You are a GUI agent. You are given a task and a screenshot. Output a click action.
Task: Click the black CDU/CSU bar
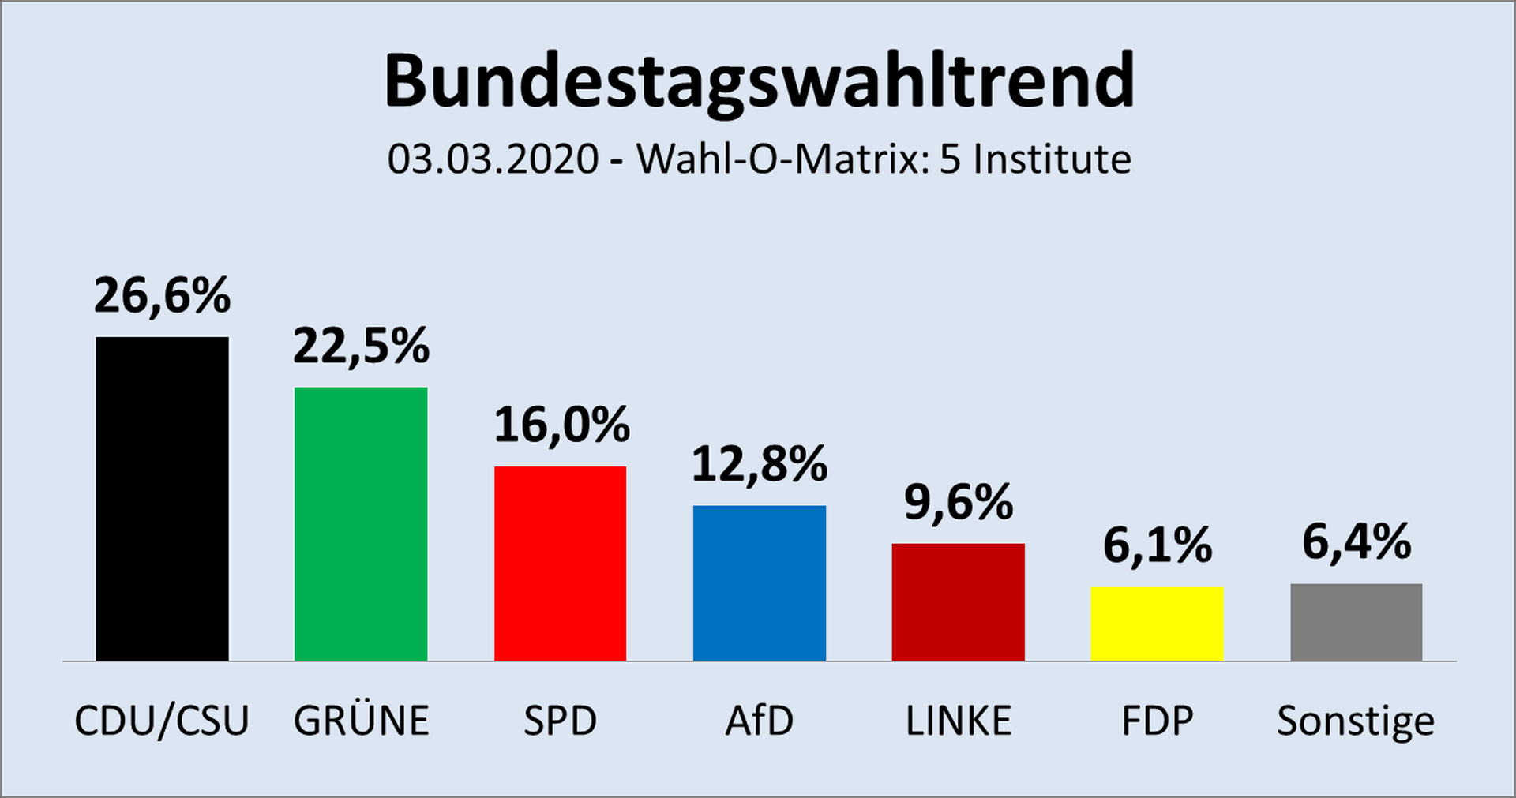tap(162, 499)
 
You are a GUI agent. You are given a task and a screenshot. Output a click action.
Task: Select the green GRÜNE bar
tap(361, 523)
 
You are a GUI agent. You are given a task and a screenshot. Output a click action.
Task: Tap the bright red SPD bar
tap(560, 563)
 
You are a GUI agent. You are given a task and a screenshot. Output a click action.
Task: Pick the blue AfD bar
tap(759, 583)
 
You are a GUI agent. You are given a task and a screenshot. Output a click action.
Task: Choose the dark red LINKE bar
tap(958, 601)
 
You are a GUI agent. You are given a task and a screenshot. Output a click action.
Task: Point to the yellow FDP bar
tap(1157, 624)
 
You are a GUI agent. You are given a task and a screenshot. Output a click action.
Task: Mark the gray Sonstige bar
tap(1356, 622)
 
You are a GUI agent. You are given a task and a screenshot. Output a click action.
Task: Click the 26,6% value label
tap(162, 296)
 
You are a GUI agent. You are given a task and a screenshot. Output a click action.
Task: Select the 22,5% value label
tap(361, 347)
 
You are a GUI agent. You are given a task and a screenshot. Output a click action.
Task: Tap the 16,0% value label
tap(561, 425)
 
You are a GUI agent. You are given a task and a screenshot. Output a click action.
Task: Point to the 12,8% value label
tap(759, 464)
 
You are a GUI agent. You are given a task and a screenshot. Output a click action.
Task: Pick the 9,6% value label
tap(958, 503)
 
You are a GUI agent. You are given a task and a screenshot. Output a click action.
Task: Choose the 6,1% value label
tap(1157, 545)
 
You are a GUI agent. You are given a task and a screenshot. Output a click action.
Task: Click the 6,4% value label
tap(1356, 542)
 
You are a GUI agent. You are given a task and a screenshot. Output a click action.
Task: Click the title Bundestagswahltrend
tap(759, 81)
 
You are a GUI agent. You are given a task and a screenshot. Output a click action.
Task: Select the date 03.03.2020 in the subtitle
tap(493, 159)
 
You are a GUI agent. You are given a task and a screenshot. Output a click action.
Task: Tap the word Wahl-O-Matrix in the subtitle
tap(778, 159)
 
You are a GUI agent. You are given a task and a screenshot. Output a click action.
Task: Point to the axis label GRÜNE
tap(361, 721)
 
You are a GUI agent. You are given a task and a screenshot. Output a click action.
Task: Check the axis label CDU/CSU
tap(162, 721)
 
